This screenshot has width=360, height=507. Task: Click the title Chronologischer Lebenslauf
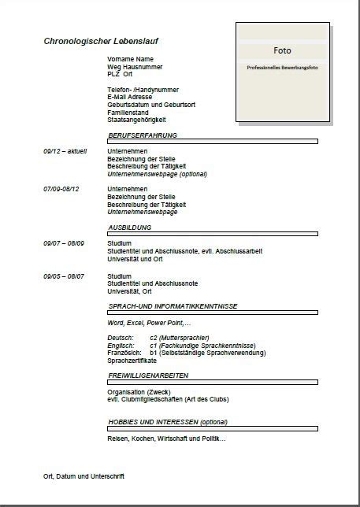click(x=106, y=40)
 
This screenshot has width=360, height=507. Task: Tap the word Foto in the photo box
click(x=282, y=50)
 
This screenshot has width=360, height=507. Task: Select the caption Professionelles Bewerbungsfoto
click(x=282, y=68)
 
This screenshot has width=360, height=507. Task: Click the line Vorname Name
click(x=131, y=59)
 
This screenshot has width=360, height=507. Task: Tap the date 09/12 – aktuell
click(x=65, y=151)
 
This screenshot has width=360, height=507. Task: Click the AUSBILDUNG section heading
click(x=129, y=227)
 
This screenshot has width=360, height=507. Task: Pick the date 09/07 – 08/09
click(x=64, y=243)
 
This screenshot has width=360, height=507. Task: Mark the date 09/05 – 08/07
click(x=64, y=276)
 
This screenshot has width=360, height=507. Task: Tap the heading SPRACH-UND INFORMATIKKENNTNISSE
click(x=173, y=305)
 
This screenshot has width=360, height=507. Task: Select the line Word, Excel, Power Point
click(x=149, y=323)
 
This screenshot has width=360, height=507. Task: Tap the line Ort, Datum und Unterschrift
click(x=84, y=476)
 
